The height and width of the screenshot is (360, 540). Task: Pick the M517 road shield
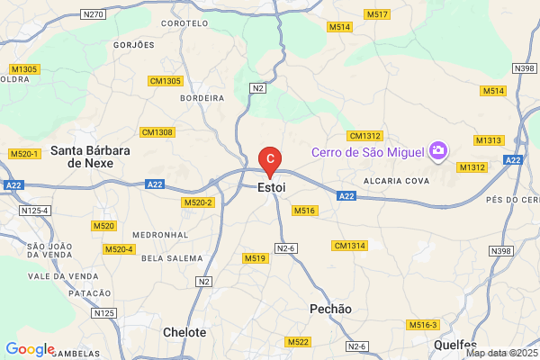(377, 15)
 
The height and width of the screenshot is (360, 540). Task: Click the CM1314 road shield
(349, 246)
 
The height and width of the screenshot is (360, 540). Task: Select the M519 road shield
(256, 258)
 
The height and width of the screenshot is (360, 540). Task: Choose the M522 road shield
(297, 342)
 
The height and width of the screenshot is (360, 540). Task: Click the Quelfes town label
(455, 345)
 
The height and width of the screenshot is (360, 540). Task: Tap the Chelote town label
(185, 332)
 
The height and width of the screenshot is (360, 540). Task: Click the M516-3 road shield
(423, 324)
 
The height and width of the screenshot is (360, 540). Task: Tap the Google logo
(30, 349)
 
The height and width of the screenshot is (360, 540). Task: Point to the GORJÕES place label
(135, 44)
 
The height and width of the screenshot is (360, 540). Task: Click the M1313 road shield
(489, 140)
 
